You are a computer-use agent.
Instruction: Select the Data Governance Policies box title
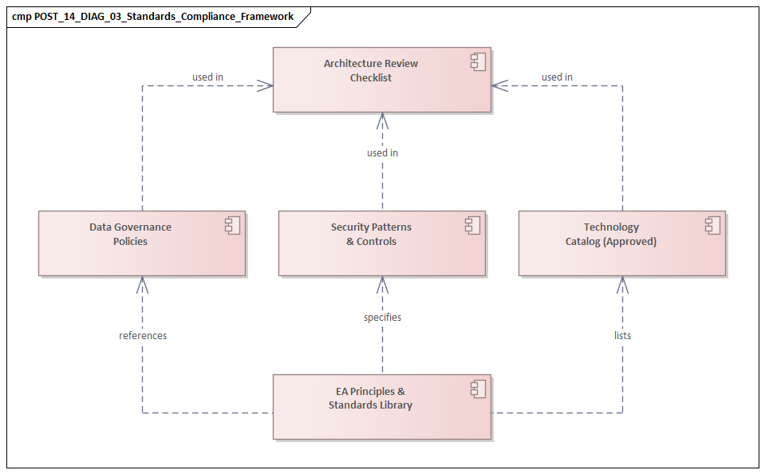coord(130,234)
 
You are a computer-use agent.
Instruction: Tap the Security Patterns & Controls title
coord(371,234)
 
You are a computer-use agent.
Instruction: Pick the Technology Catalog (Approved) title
coord(611,234)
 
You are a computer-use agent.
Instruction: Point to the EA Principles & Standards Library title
coord(370,398)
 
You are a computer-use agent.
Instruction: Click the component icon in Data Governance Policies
coord(233,226)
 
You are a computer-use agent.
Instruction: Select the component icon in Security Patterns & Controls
coord(473,226)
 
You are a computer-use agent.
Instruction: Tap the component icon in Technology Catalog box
coord(713,226)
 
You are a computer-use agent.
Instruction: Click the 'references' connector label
coord(143,336)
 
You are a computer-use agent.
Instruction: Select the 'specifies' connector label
coord(382,317)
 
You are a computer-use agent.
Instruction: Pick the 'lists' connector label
coord(622,336)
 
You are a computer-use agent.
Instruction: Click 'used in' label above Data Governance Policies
coord(207,77)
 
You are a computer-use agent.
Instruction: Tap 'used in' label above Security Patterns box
coord(382,152)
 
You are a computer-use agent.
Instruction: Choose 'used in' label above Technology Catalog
coord(557,77)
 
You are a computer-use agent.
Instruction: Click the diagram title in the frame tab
coord(152,16)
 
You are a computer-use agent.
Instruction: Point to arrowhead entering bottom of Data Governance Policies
coord(143,282)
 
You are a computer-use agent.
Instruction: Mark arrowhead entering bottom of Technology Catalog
coord(622,282)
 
